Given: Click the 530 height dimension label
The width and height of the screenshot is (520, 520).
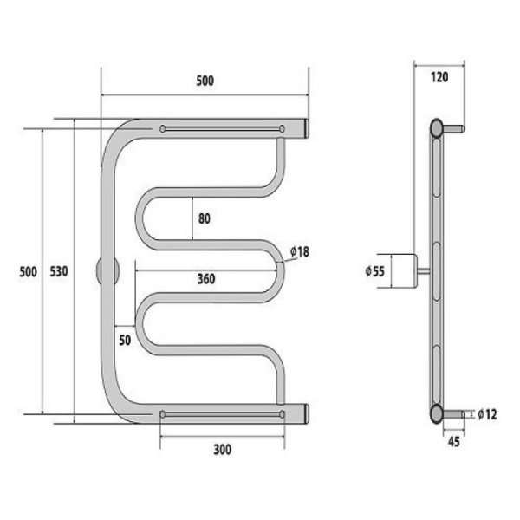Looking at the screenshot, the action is [x=59, y=271].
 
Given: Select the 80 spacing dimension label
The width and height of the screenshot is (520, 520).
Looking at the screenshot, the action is [x=205, y=218].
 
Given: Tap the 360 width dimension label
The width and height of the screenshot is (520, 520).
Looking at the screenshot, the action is [x=206, y=279].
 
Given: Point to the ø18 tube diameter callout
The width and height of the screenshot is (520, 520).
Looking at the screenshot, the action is [x=300, y=252].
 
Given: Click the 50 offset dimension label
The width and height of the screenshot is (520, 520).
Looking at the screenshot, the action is [x=125, y=341].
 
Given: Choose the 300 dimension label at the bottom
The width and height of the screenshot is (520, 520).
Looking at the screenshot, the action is [x=222, y=450].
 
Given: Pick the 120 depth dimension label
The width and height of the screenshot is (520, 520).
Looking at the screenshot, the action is [x=439, y=77].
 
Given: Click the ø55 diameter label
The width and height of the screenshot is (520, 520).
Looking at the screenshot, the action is [x=374, y=271].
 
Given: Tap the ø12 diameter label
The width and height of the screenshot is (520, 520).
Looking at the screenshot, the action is [x=487, y=414].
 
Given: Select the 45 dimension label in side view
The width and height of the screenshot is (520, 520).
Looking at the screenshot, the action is [x=454, y=442].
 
